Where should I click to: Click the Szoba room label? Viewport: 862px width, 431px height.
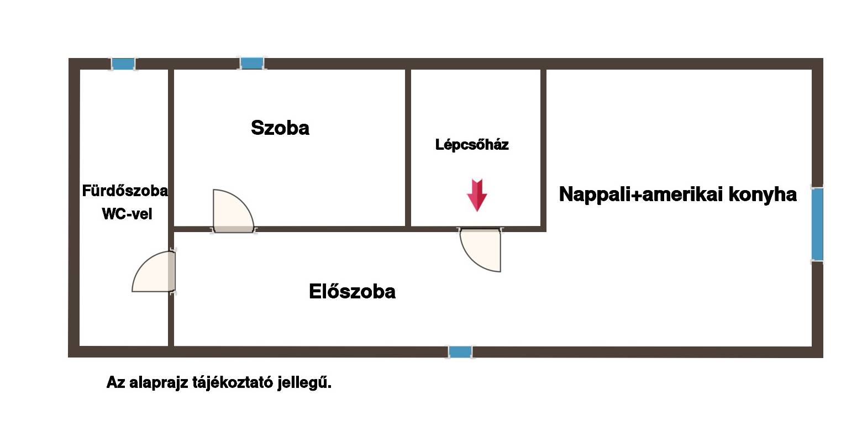pos(280,128)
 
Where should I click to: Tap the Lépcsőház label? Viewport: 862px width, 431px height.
pos(472,145)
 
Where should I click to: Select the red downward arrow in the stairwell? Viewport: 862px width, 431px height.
pos(477,195)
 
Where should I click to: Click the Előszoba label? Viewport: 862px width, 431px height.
pos(352,291)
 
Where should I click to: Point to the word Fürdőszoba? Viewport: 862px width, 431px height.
pos(125,191)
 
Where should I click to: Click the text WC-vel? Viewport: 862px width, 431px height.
pos(127,214)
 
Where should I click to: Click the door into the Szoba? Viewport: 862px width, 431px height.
pos(233,211)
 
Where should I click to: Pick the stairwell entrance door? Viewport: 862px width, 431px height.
pos(480,250)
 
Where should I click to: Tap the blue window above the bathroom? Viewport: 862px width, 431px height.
pos(123,64)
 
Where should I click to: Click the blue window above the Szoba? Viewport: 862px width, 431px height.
pos(252,63)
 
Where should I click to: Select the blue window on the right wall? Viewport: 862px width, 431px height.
pos(817,224)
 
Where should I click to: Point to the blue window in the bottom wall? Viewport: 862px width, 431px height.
pos(460,352)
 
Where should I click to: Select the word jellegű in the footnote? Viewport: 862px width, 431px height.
pos(304,382)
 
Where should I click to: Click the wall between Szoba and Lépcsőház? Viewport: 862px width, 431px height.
pos(408,148)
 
